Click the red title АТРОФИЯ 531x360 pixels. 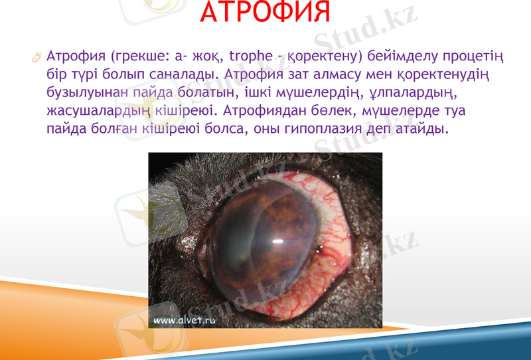pos(264,15)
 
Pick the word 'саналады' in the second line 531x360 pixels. pos(187,73)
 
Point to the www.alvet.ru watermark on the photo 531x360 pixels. pos(185,319)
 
